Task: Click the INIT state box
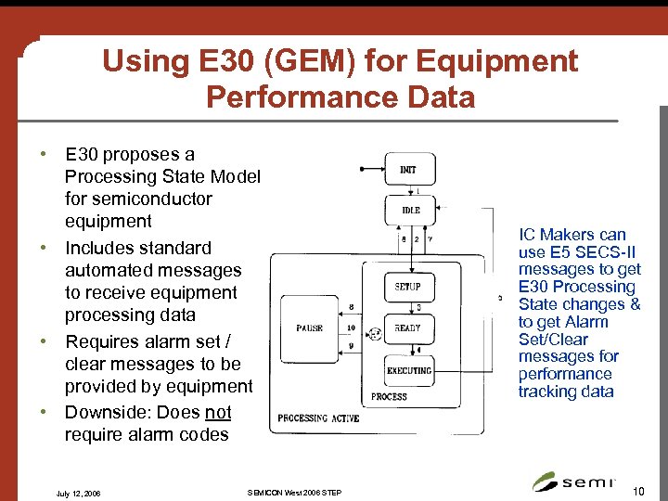point(409,170)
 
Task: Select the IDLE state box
point(409,211)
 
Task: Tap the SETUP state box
point(408,287)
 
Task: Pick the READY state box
point(408,328)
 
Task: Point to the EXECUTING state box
point(408,370)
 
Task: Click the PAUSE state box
point(309,328)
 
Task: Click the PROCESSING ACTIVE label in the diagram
point(318,418)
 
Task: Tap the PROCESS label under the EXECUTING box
point(389,396)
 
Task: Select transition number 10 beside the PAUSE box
point(351,328)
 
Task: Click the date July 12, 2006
point(78,494)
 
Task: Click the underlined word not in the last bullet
point(218,412)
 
